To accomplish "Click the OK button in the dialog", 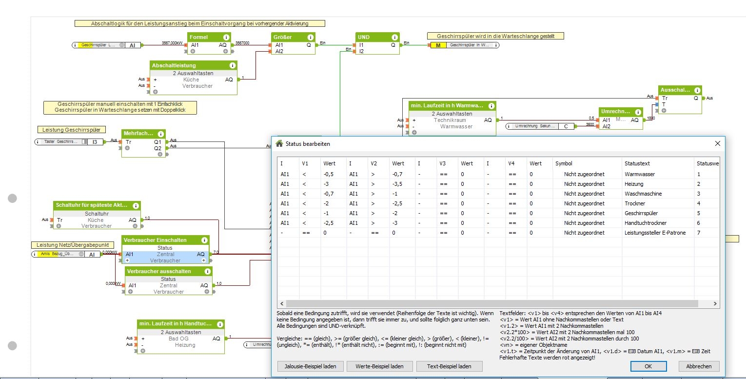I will pos(648,366).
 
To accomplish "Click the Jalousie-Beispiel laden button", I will pos(310,366).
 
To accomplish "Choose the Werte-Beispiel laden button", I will pos(379,366).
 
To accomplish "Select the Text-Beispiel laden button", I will pos(449,366).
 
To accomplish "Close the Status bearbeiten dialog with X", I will pos(717,143).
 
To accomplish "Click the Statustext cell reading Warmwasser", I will pos(639,174).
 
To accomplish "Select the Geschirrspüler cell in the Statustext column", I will pos(641,213).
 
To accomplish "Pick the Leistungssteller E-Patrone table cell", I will pos(655,233).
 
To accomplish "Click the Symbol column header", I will pos(564,163).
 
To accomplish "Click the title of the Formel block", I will pos(199,37).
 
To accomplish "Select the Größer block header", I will pos(283,37).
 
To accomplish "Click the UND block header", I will pos(364,37).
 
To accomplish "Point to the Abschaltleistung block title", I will pos(174,65).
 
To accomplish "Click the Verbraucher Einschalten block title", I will pos(155,240).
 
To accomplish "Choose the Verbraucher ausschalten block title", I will pos(158,271).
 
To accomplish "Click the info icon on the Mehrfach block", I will pos(159,134).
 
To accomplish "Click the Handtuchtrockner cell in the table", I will pos(646,223).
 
